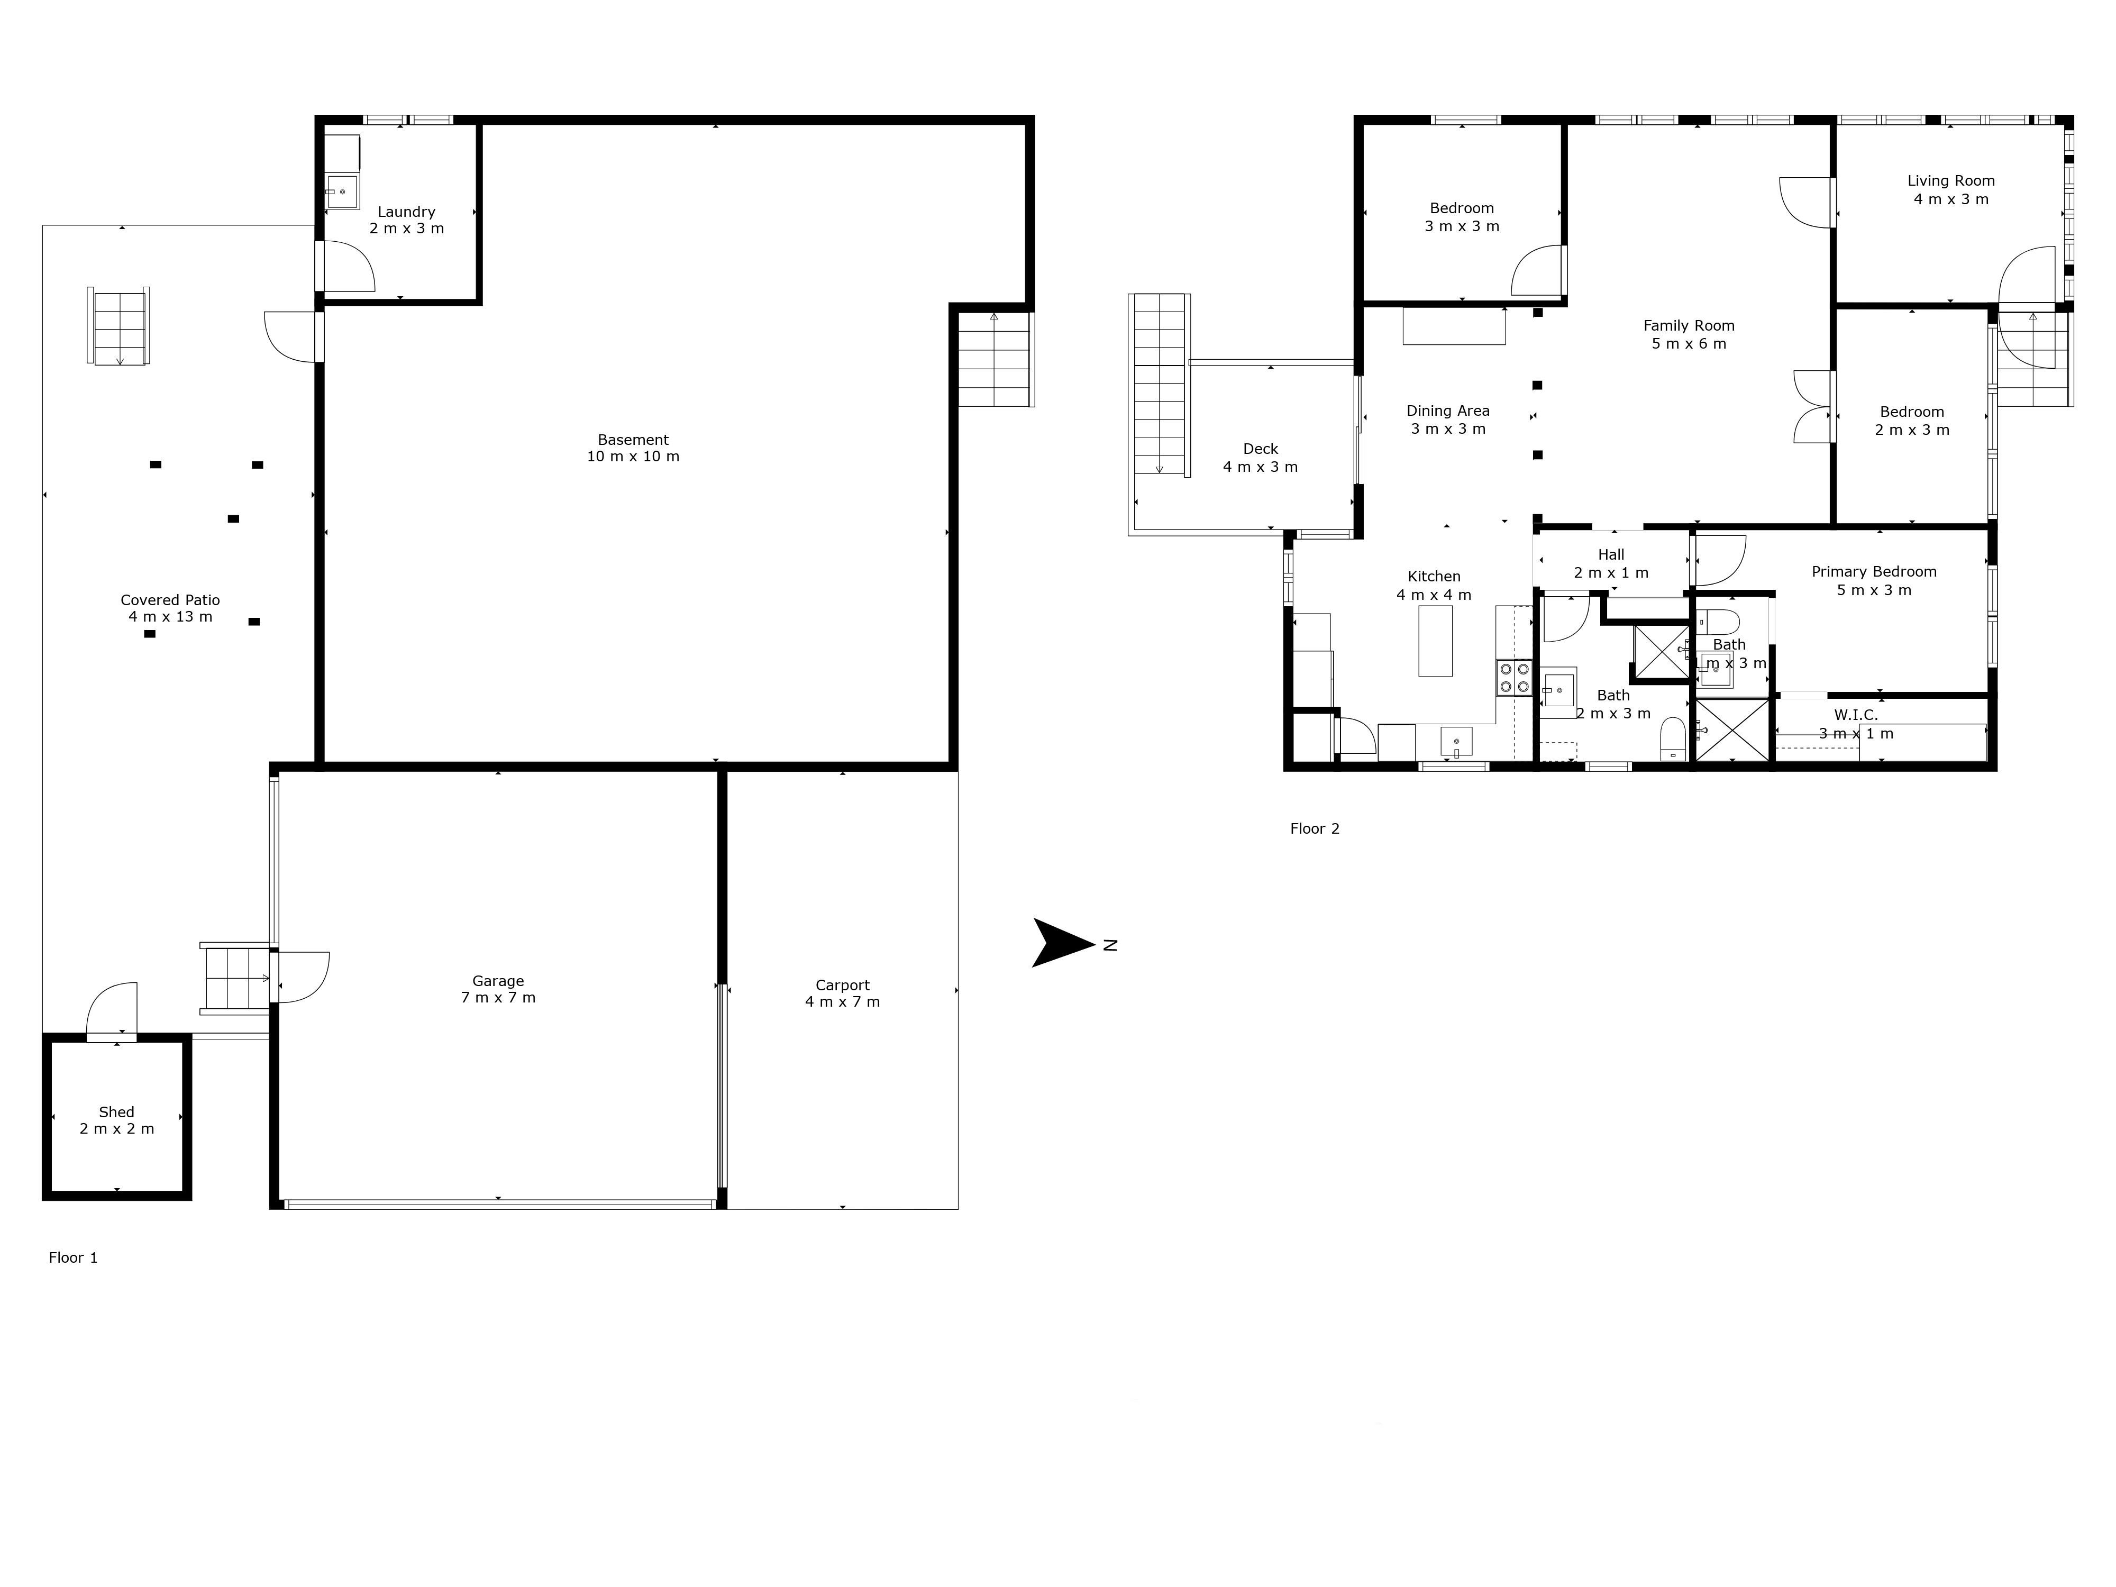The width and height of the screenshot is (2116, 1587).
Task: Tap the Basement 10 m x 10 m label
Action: coord(633,448)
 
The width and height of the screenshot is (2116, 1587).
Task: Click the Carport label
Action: coord(843,993)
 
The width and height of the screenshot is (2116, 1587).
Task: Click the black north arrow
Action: coord(1062,943)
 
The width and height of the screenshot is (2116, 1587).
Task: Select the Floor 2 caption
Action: coord(1315,828)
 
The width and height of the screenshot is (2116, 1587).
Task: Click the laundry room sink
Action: coord(342,191)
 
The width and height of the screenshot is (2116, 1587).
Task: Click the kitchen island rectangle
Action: coord(1435,641)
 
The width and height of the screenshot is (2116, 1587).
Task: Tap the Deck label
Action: coord(1261,457)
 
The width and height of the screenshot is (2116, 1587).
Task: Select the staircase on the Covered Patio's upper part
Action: coord(118,325)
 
